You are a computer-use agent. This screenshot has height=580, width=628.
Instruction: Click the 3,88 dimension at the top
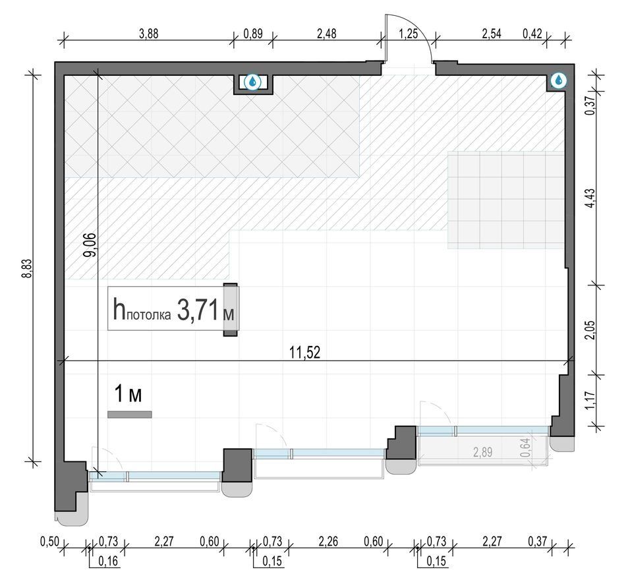148,34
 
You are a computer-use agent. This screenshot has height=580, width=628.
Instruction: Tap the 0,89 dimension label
253,34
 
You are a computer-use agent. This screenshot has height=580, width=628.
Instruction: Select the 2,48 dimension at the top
327,34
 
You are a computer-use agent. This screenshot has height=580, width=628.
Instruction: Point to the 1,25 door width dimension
408,34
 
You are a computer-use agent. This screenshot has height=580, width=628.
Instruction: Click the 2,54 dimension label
492,34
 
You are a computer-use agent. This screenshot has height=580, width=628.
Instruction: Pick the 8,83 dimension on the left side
27,269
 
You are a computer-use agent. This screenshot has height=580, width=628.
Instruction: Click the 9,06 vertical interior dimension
90,245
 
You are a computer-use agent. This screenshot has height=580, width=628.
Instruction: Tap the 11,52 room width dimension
305,353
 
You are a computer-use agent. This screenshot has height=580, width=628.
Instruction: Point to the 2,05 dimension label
590,330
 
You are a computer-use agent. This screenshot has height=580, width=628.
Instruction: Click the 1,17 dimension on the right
590,401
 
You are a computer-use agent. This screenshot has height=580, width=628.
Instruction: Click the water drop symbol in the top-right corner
559,80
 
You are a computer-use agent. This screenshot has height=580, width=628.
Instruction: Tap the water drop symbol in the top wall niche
252,82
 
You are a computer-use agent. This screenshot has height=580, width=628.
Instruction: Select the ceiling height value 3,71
198,310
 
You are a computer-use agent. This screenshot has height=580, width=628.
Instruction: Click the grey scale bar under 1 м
129,415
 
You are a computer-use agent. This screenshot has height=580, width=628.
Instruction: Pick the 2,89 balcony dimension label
482,452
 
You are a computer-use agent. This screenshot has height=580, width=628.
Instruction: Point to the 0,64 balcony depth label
525,448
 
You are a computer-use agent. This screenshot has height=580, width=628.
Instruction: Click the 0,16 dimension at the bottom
108,561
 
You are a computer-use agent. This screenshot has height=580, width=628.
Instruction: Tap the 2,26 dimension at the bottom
328,542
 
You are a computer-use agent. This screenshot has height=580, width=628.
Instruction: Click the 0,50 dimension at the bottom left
49,542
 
